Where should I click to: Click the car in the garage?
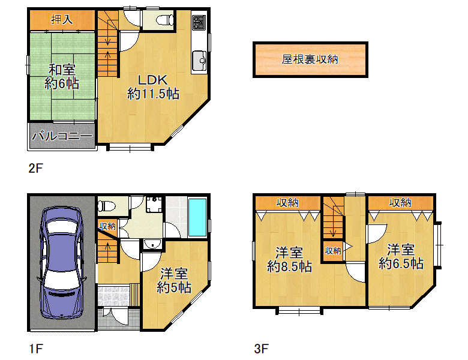(x=62, y=263)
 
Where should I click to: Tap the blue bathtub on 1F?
(x=197, y=218)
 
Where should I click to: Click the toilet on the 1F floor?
(x=107, y=206)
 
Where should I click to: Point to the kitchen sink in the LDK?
(x=199, y=60)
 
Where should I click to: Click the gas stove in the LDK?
(x=199, y=22)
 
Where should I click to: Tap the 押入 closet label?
(x=62, y=19)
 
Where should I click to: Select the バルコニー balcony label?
(x=62, y=136)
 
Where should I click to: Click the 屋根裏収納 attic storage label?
(x=310, y=59)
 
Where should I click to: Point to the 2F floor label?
(x=36, y=169)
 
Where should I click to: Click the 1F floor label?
(x=36, y=349)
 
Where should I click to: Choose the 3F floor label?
(x=261, y=349)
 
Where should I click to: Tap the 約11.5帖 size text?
(x=153, y=94)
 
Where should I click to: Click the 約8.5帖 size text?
(x=290, y=266)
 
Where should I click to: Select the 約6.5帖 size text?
(x=401, y=263)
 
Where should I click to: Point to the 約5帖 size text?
(x=174, y=287)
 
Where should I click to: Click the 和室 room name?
(x=62, y=70)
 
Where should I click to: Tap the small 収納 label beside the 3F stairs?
(x=333, y=251)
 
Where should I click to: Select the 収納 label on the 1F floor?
(x=107, y=226)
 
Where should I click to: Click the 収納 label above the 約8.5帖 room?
(x=287, y=203)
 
